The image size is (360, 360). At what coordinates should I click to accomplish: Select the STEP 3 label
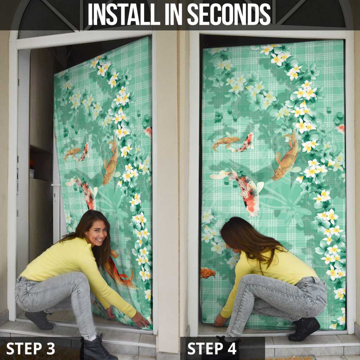click(x=31, y=348)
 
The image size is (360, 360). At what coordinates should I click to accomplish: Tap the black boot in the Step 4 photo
click(x=304, y=329)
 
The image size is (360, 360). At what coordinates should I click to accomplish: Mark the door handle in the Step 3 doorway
click(x=55, y=185)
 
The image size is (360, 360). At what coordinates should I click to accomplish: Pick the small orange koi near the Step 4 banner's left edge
click(x=208, y=272)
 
